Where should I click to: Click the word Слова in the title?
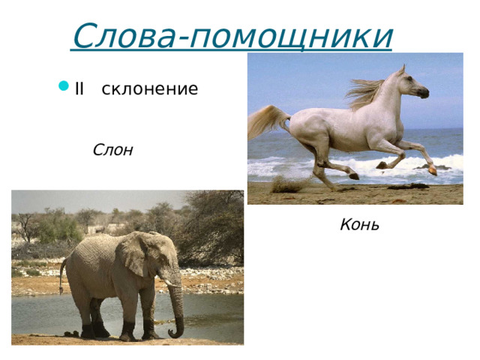pyautogui.click(x=124, y=35)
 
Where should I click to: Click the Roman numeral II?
pyautogui.click(x=80, y=89)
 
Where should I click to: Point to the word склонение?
pyautogui.click(x=149, y=89)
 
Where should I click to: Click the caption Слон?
pyautogui.click(x=112, y=150)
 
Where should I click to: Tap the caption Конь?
pyautogui.click(x=359, y=224)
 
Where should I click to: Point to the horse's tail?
pyautogui.click(x=265, y=120)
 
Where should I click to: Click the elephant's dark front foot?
pyautogui.click(x=127, y=331)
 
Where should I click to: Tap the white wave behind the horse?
pyautogui.click(x=450, y=161)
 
